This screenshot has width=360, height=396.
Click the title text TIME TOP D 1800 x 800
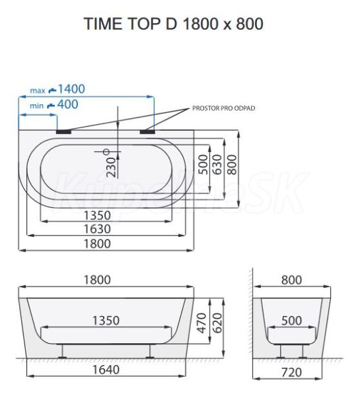click(174, 24)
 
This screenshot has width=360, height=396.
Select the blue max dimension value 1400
click(71, 89)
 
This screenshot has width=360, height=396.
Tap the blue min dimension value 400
click(68, 104)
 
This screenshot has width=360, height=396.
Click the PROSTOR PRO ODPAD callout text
click(224, 108)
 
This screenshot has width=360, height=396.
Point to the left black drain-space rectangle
click(64, 131)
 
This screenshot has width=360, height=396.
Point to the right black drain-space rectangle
click(147, 131)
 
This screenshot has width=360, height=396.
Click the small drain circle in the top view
click(107, 152)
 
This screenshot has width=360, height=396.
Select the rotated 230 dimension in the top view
click(111, 167)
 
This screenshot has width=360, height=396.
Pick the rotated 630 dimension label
click(217, 164)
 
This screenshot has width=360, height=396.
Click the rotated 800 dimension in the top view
click(232, 164)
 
